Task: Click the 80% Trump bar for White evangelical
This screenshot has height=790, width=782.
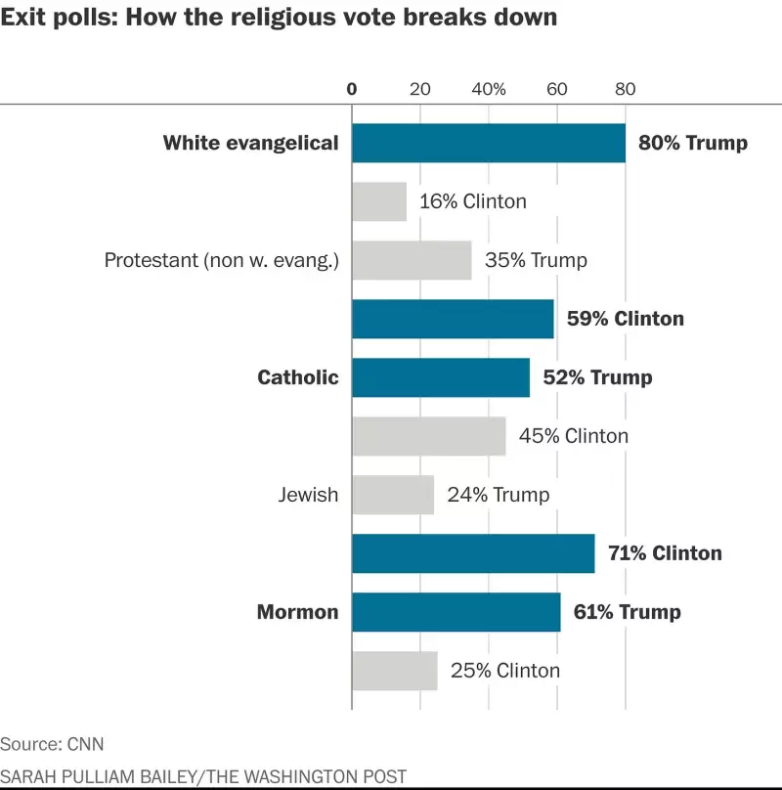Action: click(x=489, y=143)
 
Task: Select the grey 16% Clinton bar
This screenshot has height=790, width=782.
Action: click(x=379, y=201)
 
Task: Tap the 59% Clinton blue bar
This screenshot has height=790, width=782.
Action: click(x=453, y=319)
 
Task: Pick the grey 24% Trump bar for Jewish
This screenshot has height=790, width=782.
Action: click(x=393, y=495)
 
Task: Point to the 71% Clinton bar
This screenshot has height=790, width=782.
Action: click(x=473, y=553)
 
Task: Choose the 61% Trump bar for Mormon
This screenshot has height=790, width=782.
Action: click(x=456, y=612)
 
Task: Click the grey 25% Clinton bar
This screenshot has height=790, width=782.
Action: click(x=395, y=671)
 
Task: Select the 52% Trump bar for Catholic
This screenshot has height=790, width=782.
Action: click(x=441, y=377)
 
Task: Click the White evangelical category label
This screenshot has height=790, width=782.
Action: click(x=250, y=143)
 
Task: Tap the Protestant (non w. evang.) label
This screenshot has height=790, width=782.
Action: click(x=221, y=260)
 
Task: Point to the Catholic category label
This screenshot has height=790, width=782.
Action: click(x=297, y=377)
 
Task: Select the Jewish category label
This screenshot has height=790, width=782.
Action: click(x=308, y=495)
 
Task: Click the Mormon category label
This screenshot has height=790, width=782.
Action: click(x=297, y=612)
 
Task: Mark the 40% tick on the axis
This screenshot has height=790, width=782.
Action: click(x=489, y=89)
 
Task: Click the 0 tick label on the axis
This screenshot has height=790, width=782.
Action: click(x=352, y=89)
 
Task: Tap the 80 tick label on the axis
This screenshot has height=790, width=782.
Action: click(x=626, y=89)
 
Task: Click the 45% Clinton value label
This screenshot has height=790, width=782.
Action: click(x=574, y=436)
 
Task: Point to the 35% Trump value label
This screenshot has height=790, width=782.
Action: click(x=536, y=260)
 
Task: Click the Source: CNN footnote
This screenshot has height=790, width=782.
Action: click(x=52, y=744)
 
